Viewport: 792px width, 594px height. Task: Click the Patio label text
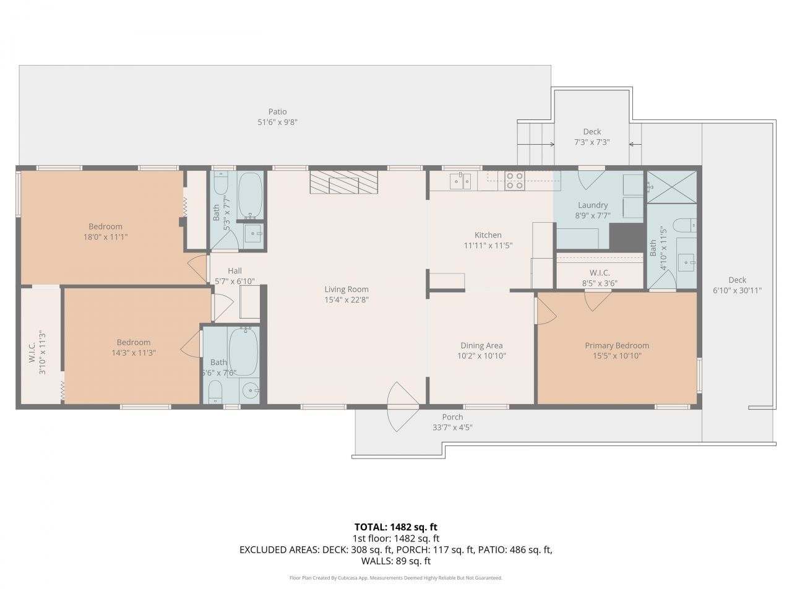277,112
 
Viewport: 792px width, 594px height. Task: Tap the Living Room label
346,289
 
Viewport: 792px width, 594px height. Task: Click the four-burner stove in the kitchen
515,180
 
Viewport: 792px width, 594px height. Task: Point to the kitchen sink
460,181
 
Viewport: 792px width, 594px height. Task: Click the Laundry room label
592,205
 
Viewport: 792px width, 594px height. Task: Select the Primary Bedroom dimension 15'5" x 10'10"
617,356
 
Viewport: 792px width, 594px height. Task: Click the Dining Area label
481,345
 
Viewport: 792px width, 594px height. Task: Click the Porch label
452,417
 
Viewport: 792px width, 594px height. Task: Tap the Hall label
235,270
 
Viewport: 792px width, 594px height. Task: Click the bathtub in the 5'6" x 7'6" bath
244,351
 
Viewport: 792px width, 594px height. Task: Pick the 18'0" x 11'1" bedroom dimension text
105,237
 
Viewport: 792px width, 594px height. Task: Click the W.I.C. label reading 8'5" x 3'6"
600,283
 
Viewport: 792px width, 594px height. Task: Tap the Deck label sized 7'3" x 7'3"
592,142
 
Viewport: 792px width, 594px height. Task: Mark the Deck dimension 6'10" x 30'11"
737,290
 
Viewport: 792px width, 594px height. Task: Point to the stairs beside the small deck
535,144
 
